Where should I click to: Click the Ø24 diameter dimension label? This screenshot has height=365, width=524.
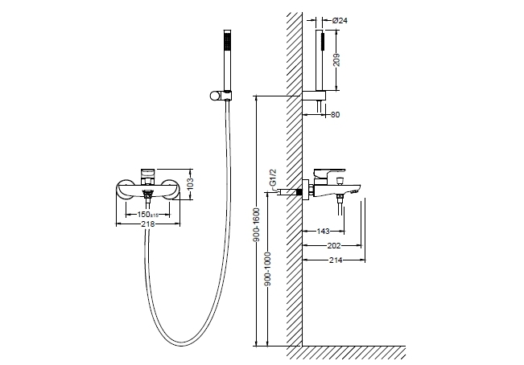pos(340,21)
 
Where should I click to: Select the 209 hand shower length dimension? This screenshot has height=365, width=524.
pos(336,60)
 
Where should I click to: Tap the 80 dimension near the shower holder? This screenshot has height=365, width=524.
pos(335,115)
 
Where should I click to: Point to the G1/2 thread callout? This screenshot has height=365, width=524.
pos(273,178)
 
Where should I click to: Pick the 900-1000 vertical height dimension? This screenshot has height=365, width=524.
pos(268,269)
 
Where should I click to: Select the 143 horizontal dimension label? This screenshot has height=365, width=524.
pos(323,232)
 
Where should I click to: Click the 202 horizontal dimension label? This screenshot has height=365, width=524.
pos(334,246)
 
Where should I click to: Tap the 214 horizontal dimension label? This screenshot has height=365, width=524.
pos(336,260)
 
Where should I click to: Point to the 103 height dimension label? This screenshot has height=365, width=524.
pos(190,184)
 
